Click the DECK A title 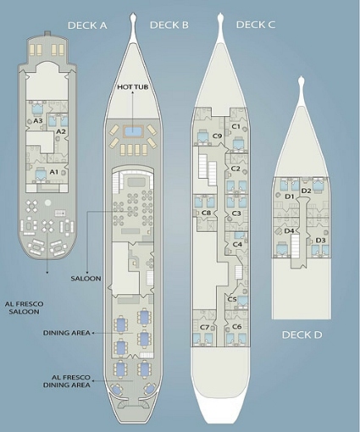coord(87,25)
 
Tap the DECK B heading coord(169,25)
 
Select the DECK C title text coord(255,25)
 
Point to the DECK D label coord(302,335)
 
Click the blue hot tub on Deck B coord(133,131)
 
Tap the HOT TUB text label coord(132,86)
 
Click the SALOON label coord(86,279)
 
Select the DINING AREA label coord(67,333)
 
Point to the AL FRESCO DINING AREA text coord(67,381)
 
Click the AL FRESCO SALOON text coord(25,308)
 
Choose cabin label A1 coord(54,172)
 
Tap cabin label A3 coord(38,121)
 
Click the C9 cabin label coord(217,136)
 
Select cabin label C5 coord(232,299)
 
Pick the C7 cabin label coord(204,327)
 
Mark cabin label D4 coord(289,231)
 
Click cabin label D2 coord(306,191)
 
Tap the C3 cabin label coord(236,213)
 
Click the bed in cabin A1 coord(41,173)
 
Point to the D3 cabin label coord(320,241)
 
